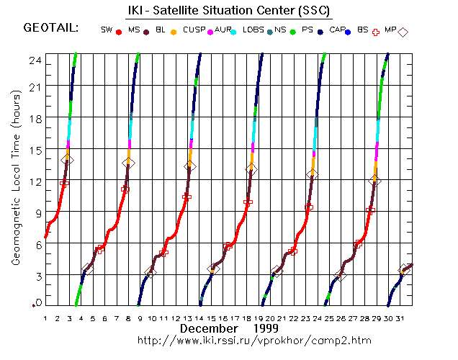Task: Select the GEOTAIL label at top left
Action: tap(51, 29)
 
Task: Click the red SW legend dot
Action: tap(118, 32)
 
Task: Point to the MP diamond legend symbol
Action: tap(403, 32)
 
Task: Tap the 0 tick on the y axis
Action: tap(37, 302)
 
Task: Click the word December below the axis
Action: tap(209, 328)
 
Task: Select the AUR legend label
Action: tap(223, 30)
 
